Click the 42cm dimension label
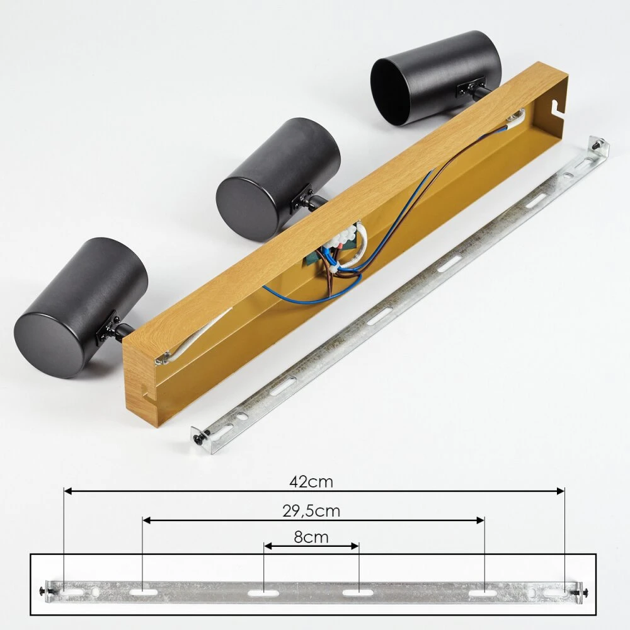point(311,481)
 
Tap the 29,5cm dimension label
point(311,511)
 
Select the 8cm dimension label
point(311,537)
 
